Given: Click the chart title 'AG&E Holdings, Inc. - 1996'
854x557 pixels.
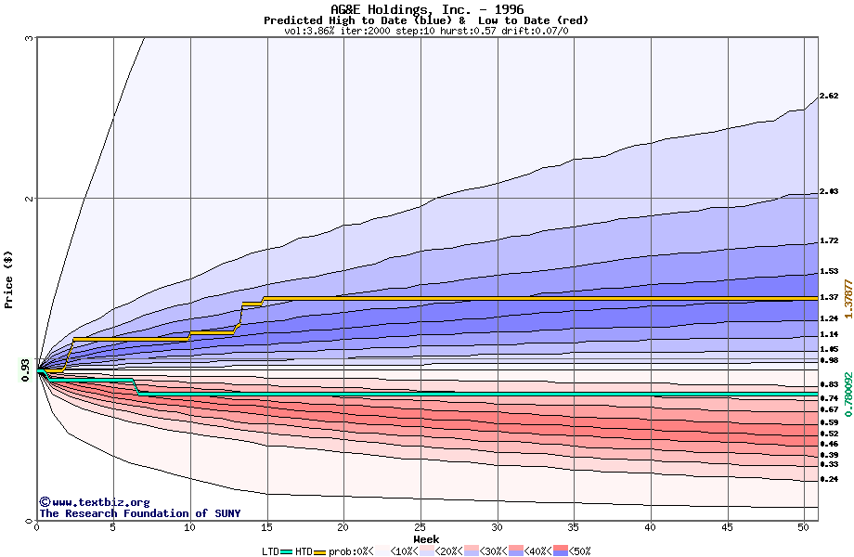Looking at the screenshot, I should point(426,8).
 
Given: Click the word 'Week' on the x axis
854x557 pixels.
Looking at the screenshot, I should point(426,538).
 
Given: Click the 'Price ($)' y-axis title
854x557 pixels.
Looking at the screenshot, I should point(9,278).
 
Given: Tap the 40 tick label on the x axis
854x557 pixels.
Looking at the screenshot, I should point(651,527).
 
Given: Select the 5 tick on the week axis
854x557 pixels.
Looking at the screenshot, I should point(113,527).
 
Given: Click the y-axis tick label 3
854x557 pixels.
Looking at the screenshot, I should point(30,38).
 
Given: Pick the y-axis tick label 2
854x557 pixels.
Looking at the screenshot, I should point(30,199).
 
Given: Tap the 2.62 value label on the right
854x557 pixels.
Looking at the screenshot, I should point(829,96).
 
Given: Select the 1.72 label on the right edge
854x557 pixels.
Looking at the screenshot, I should point(829,240).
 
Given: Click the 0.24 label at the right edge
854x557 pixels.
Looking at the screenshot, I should point(829,479).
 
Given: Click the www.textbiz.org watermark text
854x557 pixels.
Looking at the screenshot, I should point(95,502).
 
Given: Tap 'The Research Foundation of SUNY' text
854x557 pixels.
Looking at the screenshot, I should point(139,513).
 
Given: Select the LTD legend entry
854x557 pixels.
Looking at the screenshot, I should point(269,551).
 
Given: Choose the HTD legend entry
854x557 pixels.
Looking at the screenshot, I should point(303,551).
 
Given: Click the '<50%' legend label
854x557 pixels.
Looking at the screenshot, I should point(580,551).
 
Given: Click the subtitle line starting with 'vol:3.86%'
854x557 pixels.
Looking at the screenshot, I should point(426,31).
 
